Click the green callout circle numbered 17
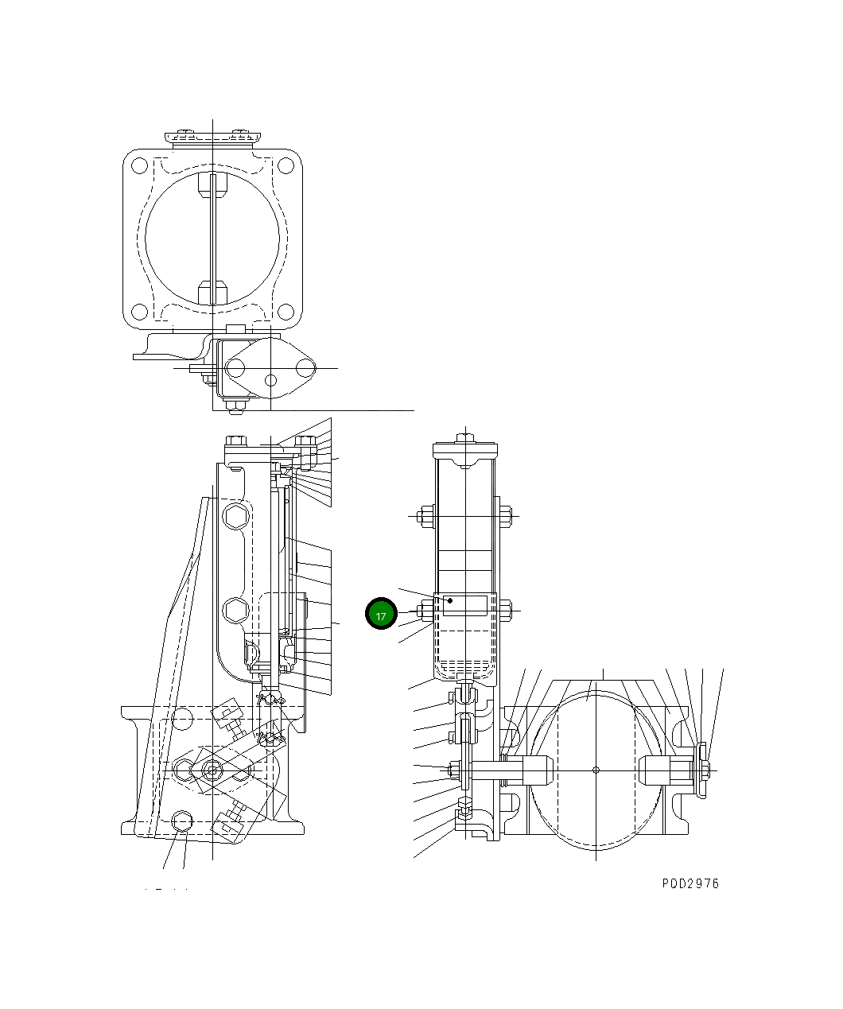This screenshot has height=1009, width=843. pyautogui.click(x=381, y=615)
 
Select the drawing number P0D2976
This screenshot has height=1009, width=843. pyautogui.click(x=690, y=883)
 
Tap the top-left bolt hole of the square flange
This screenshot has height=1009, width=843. pyautogui.click(x=139, y=166)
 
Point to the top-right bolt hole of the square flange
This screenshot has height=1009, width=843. pyautogui.click(x=286, y=166)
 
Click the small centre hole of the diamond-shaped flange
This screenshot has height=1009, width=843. pyautogui.click(x=270, y=379)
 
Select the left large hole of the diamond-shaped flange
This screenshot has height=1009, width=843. pyautogui.click(x=235, y=368)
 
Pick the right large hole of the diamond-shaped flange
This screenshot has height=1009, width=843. pyautogui.click(x=305, y=368)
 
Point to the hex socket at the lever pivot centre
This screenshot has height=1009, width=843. pyautogui.click(x=212, y=770)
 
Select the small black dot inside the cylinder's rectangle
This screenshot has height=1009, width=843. pyautogui.click(x=450, y=600)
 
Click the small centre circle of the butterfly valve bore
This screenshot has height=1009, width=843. pyautogui.click(x=596, y=770)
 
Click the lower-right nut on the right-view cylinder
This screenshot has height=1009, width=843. pyautogui.click(x=506, y=611)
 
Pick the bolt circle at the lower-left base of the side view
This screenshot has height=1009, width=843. pyautogui.click(x=182, y=820)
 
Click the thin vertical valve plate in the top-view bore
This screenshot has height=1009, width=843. pyautogui.click(x=212, y=239)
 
